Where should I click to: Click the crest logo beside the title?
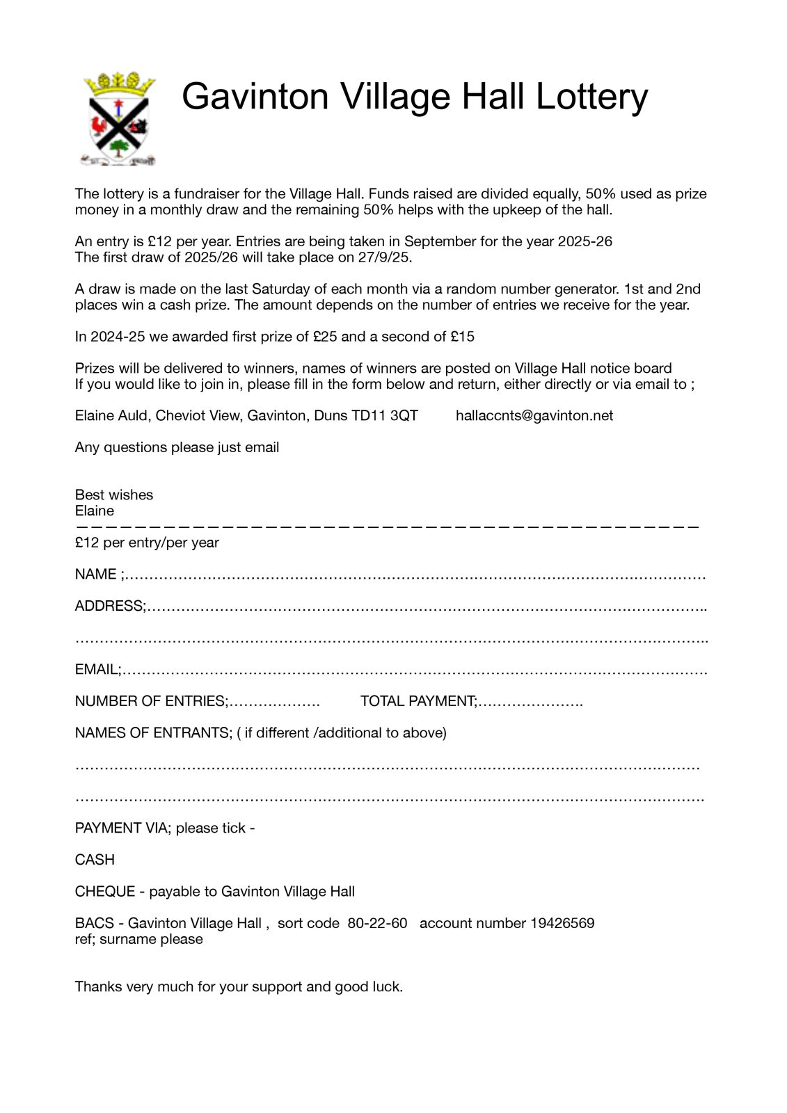point(119,118)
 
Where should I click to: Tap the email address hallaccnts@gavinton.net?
point(534,416)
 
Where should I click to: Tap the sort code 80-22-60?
point(377,924)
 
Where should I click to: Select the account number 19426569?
point(562,924)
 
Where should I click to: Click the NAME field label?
point(96,575)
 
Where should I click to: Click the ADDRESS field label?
point(109,607)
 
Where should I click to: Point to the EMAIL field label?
point(97,670)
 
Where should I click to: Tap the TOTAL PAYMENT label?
point(418,701)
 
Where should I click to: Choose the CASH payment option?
point(95,860)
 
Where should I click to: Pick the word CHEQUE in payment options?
point(105,892)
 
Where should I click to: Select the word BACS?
point(94,924)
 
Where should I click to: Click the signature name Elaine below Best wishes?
point(95,511)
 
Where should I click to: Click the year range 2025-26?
point(585,241)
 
